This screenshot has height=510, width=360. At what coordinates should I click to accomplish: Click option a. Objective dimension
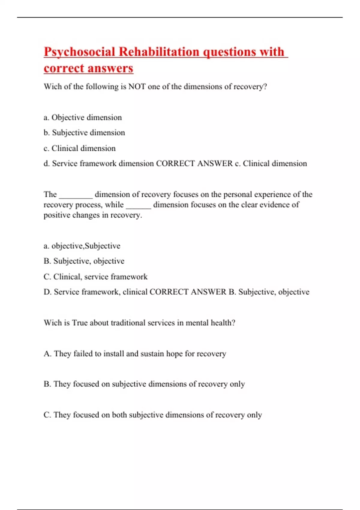[83, 117]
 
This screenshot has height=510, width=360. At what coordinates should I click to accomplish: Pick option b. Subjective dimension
[84, 133]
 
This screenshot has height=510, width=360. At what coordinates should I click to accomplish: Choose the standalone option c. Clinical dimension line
[79, 148]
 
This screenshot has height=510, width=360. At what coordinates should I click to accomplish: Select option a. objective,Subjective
[82, 246]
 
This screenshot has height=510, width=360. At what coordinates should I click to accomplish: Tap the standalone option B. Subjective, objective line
[84, 261]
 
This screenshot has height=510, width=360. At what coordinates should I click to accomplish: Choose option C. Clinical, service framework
[95, 277]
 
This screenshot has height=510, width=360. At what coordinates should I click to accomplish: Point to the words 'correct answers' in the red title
[88, 68]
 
